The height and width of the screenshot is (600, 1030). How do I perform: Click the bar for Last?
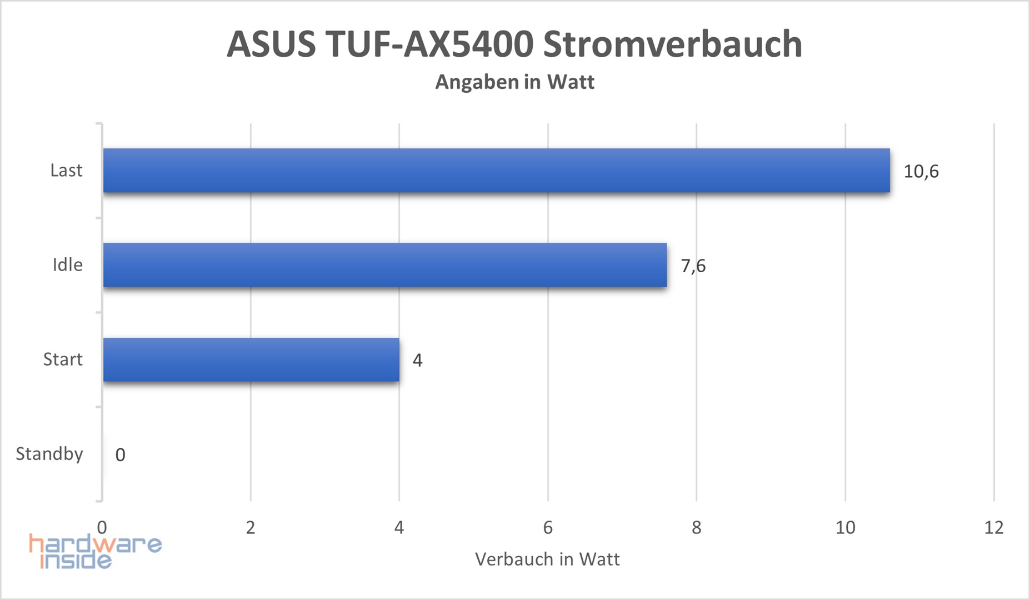[496, 171]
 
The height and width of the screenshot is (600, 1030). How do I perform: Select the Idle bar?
[384, 265]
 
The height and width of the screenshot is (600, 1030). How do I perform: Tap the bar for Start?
[251, 359]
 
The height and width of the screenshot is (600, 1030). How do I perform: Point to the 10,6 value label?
[921, 171]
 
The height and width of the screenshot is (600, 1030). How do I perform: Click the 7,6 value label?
[693, 266]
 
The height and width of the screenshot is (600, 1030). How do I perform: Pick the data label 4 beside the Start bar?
[417, 361]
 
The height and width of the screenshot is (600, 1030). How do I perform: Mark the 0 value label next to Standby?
[120, 455]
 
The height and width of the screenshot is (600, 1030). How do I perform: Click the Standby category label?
[49, 454]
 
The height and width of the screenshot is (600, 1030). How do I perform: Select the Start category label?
[63, 359]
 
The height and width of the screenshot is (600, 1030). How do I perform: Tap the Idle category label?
[67, 265]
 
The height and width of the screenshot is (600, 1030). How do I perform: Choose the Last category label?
[66, 170]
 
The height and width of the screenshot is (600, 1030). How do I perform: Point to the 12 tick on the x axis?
[993, 527]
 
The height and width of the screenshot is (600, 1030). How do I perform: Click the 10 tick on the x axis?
[845, 527]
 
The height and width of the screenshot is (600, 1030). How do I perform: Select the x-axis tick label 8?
[696, 527]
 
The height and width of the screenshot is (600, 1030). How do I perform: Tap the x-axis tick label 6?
[548, 527]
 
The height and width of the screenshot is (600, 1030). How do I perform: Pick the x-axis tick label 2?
[251, 527]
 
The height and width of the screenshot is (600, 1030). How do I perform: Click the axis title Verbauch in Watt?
[547, 559]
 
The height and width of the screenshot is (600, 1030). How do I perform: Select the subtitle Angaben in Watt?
[514, 82]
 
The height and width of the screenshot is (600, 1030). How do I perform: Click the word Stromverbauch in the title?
[672, 44]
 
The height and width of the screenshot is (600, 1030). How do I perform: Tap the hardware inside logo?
[94, 552]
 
